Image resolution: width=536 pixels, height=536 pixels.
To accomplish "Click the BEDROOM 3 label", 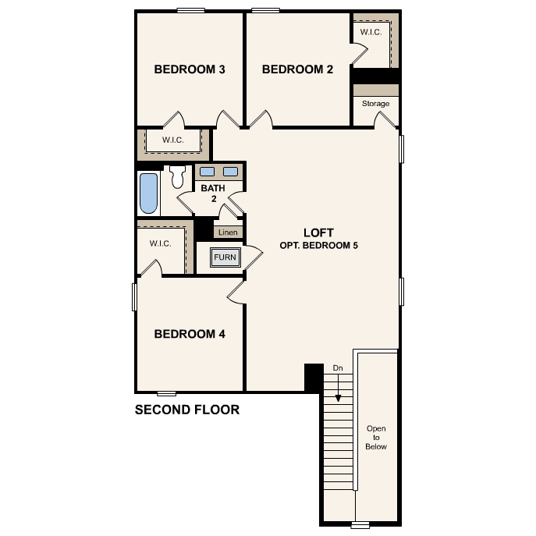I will pyautogui.click(x=190, y=69).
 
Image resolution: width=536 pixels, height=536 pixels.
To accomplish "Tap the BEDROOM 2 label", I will pyautogui.click(x=297, y=69).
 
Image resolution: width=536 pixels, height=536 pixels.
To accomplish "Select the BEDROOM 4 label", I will pyautogui.click(x=190, y=334).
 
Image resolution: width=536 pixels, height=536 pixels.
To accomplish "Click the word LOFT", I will pyautogui.click(x=318, y=233).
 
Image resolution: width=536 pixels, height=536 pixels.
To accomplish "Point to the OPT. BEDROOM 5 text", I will pyautogui.click(x=318, y=245).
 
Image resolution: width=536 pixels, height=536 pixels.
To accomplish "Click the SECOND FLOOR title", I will pyautogui.click(x=187, y=410).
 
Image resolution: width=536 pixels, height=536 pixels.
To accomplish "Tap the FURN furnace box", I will pyautogui.click(x=225, y=257).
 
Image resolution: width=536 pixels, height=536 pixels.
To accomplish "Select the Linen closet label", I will pyautogui.click(x=228, y=233).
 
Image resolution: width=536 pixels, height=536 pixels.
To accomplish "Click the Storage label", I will pyautogui.click(x=375, y=104).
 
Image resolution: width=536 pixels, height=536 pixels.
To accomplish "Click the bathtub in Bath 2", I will pyautogui.click(x=147, y=193).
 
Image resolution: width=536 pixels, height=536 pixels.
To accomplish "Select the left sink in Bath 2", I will pyautogui.click(x=208, y=172).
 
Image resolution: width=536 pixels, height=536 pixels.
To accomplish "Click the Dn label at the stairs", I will pyautogui.click(x=338, y=367).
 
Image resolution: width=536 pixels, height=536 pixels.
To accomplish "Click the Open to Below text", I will pyautogui.click(x=376, y=438).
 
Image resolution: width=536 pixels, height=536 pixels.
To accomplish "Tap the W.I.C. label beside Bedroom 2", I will pyautogui.click(x=370, y=32).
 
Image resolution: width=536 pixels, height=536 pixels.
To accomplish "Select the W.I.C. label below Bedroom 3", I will pyautogui.click(x=173, y=140).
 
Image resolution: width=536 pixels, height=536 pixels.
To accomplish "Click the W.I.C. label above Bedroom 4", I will pyautogui.click(x=161, y=243).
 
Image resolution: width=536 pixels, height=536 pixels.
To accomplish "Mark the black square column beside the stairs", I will pyautogui.click(x=314, y=378).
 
